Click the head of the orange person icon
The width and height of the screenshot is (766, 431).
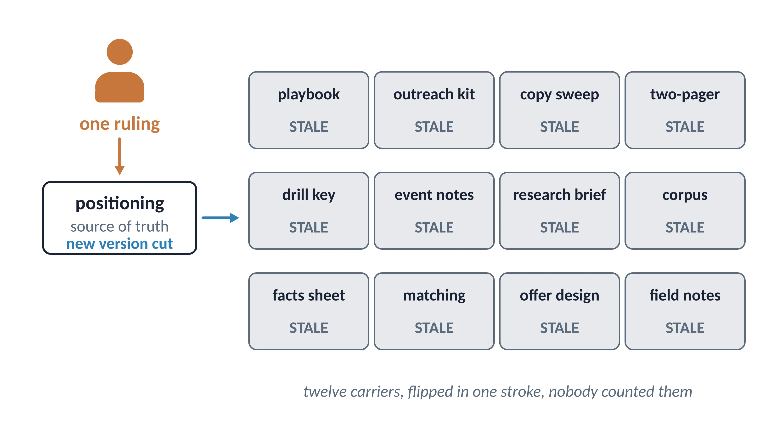point(119,52)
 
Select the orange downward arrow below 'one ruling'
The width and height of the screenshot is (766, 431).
point(119,156)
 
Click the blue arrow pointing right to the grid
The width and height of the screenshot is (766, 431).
point(220,218)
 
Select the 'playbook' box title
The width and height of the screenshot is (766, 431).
point(309,95)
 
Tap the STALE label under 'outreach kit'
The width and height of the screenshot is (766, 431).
point(434,127)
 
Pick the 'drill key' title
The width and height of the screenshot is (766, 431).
point(309,195)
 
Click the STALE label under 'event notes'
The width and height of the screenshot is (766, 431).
point(434,227)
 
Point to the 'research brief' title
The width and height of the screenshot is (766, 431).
point(559,195)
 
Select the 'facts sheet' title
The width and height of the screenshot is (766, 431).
point(309,295)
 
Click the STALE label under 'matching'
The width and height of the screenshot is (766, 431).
point(434,328)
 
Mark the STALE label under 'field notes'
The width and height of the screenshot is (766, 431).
point(685,328)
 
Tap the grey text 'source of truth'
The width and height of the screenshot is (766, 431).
point(119,227)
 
